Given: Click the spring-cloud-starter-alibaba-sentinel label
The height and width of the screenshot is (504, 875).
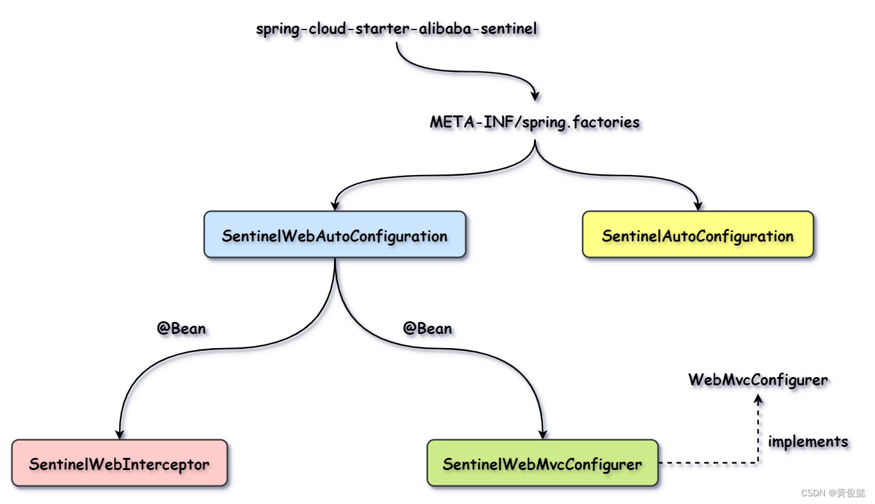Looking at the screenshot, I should tap(396, 29).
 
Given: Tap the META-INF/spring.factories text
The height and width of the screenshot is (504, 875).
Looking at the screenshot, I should tap(535, 122).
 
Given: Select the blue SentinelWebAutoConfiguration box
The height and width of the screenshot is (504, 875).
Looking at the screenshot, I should tap(335, 235).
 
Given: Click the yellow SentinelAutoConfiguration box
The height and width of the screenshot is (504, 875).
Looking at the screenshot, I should tap(697, 235).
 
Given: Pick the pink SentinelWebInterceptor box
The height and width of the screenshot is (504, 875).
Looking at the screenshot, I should tap(119, 464).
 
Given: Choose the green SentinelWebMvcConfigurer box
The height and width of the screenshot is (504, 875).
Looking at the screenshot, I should tap(542, 464).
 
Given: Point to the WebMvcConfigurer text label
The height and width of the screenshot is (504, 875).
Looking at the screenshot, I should tap(758, 380).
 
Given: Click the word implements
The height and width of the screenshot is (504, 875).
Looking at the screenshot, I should tap(808, 441).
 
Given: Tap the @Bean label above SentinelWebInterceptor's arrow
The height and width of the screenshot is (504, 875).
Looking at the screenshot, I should tap(181, 329).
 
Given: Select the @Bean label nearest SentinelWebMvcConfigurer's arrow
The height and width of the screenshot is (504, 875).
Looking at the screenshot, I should tap(428, 329).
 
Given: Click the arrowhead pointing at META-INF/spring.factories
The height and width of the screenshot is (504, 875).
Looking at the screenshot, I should tap(535, 96).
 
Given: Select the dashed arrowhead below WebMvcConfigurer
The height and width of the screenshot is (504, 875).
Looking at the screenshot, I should tap(758, 399).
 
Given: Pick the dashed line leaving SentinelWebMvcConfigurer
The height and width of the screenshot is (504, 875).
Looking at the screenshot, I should tap(705, 462).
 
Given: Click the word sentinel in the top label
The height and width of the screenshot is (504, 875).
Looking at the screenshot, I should tap(508, 29).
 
